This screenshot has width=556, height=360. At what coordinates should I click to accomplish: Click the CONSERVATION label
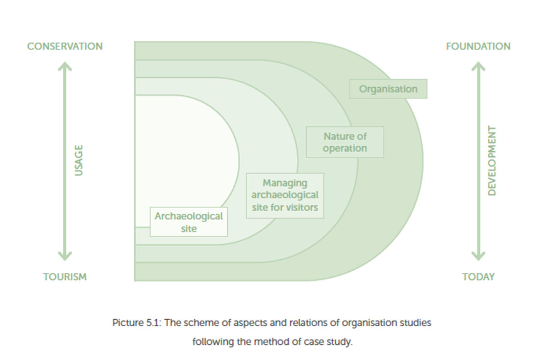coord(65,46)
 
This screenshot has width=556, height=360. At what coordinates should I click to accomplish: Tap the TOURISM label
coord(65,277)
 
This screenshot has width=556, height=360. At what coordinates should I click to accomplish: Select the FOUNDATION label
coord(478,46)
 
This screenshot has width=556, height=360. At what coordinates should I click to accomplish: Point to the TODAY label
coord(478,277)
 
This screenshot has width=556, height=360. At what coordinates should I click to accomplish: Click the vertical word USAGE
coord(79,160)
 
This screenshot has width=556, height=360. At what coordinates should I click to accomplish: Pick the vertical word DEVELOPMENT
coord(492,160)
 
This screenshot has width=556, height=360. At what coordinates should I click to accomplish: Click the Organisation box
coord(388,89)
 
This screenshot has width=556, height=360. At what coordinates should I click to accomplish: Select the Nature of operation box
coord(345,142)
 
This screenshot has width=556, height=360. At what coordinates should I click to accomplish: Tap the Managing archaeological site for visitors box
coord(285,195)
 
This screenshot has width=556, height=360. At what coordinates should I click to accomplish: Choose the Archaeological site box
coord(189,222)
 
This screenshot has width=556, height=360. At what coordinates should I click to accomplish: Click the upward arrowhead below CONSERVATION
coord(64,67)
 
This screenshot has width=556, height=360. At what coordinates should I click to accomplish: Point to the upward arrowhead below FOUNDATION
coord(478,67)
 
